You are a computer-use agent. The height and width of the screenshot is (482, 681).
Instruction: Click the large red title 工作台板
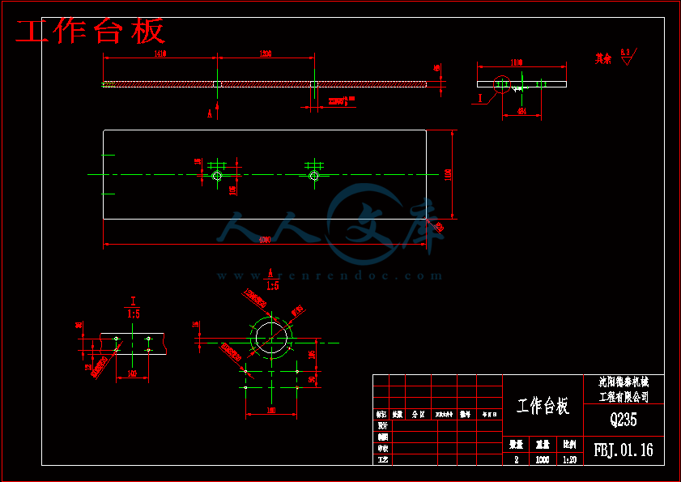[x=91, y=32]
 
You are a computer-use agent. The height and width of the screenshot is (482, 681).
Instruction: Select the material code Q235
[x=623, y=420]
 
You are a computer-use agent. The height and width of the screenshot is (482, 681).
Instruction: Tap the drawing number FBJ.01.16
[x=623, y=450]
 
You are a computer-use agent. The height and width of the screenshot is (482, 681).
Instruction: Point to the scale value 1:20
[x=569, y=459]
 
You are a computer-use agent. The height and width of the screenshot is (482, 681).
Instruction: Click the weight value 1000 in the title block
[x=542, y=459]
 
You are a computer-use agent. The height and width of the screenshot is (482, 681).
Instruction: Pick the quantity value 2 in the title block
[x=516, y=459]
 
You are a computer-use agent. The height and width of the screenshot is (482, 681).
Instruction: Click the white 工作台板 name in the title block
[x=543, y=406]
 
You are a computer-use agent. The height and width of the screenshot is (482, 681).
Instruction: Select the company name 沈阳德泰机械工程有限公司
[x=624, y=389]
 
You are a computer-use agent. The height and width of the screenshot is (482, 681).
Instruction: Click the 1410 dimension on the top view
[x=159, y=53]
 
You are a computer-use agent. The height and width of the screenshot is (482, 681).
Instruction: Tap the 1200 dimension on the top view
[x=265, y=53]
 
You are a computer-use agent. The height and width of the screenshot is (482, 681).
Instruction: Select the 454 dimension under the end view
[x=521, y=112]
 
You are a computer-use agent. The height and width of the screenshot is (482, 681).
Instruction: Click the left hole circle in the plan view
[x=216, y=176]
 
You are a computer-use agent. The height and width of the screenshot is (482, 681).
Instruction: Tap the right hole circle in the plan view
[x=314, y=175]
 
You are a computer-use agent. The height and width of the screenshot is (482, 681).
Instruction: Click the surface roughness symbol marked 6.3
[x=626, y=56]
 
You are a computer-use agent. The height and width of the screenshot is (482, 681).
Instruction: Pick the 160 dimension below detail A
[x=270, y=412]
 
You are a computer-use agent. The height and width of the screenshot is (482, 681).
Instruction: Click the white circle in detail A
[x=271, y=338]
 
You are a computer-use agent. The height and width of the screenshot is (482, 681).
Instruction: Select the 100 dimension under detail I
[x=132, y=374]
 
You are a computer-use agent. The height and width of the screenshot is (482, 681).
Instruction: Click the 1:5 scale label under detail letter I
[x=133, y=314]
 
